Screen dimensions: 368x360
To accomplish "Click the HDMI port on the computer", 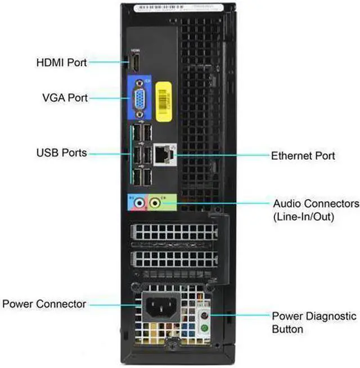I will pyautogui.click(x=134, y=62).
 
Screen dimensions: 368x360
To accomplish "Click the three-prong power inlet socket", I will pyautogui.click(x=159, y=308).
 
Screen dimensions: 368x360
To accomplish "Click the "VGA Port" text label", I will pyautogui.click(x=65, y=97).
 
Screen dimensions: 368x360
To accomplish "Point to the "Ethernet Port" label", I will pyautogui.click(x=303, y=155).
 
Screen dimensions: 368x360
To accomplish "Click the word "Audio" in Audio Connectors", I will pyautogui.click(x=287, y=203).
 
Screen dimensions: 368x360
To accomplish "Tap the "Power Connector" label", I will pyautogui.click(x=44, y=304).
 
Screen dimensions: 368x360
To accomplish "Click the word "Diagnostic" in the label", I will pyautogui.click(x=331, y=316).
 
